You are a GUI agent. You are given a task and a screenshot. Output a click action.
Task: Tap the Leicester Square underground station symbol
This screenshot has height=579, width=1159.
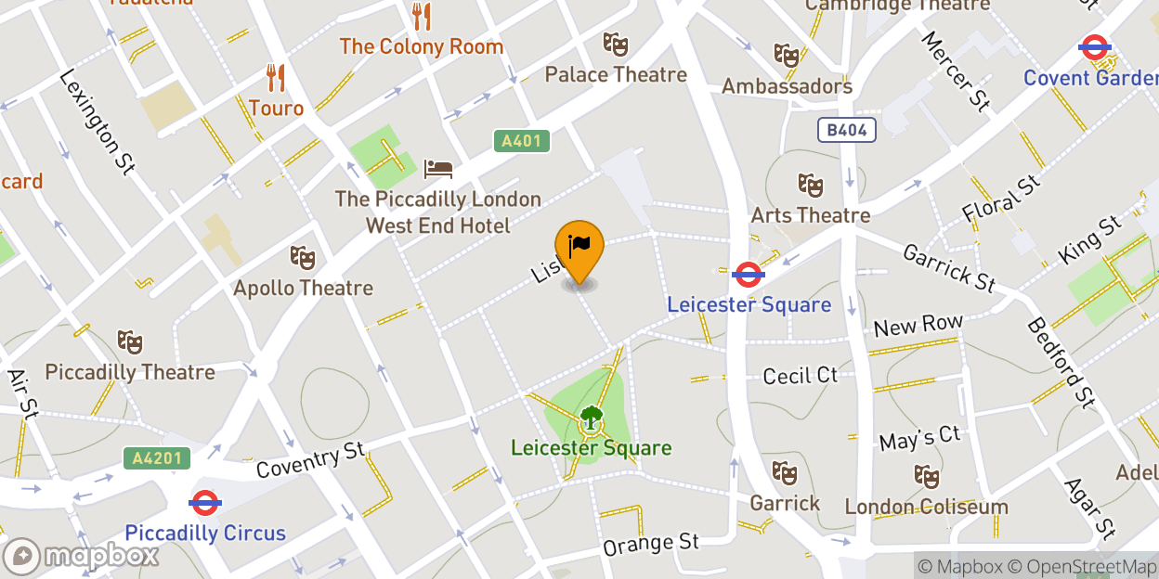click(748, 274)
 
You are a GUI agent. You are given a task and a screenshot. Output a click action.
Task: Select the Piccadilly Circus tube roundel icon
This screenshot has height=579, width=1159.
click(204, 503)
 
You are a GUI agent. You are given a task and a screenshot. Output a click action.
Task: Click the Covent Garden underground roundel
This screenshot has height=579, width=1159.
click(1095, 46)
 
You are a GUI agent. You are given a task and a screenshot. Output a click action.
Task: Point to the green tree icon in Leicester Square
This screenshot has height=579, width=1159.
click(591, 418)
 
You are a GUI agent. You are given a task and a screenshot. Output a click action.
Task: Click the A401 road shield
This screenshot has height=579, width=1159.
click(521, 141)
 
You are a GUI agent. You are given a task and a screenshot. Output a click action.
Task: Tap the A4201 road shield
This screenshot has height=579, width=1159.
click(157, 457)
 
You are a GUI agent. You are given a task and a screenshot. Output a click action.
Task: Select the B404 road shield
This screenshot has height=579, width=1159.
click(848, 130)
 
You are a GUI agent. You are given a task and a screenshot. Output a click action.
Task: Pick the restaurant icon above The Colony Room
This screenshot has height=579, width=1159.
click(422, 16)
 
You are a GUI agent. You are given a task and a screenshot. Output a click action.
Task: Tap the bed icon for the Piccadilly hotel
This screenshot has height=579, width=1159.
click(438, 169)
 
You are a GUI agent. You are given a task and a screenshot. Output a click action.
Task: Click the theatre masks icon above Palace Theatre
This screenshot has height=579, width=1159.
click(615, 44)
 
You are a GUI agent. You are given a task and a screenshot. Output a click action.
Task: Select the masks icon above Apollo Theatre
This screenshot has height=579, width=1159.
click(302, 257)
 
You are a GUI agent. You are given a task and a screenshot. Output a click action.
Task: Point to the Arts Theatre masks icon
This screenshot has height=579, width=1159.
click(811, 186)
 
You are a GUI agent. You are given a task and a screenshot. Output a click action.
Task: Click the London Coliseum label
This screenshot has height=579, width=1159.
click(926, 507)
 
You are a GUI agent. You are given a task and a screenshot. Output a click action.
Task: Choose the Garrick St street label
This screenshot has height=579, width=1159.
click(949, 266)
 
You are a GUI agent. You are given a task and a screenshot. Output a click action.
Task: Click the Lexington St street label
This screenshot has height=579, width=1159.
click(98, 122)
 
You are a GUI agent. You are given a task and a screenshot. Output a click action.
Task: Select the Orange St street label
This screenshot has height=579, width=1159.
click(651, 543)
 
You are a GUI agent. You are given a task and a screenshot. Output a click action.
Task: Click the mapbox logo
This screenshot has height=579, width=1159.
click(81, 556)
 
